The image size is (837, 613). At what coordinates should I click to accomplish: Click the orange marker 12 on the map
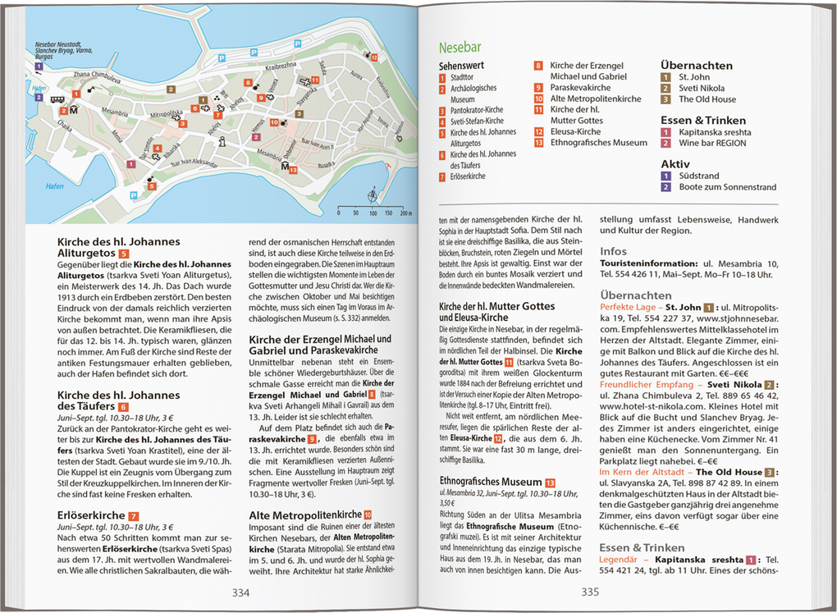pyautogui.click(x=373, y=57)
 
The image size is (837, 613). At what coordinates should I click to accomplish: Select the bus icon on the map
pyautogui.click(x=57, y=99)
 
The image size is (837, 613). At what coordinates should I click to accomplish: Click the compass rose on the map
pyautogui.click(x=374, y=195)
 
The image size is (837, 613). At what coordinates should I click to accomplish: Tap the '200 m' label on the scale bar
pyautogui.click(x=405, y=213)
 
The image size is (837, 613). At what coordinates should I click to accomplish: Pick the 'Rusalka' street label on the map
pyautogui.click(x=327, y=162)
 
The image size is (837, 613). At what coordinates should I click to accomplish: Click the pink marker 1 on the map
pyautogui.click(x=130, y=164)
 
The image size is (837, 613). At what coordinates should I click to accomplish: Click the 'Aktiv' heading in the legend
pyautogui.click(x=675, y=163)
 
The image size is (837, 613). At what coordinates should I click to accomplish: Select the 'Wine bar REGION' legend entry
pyautogui.click(x=712, y=143)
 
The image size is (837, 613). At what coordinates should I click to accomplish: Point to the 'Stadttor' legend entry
pyautogui.click(x=461, y=77)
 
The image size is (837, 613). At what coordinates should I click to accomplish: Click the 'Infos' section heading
pyautogui.click(x=613, y=251)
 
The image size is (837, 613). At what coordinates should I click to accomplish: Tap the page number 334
pyautogui.click(x=240, y=592)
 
